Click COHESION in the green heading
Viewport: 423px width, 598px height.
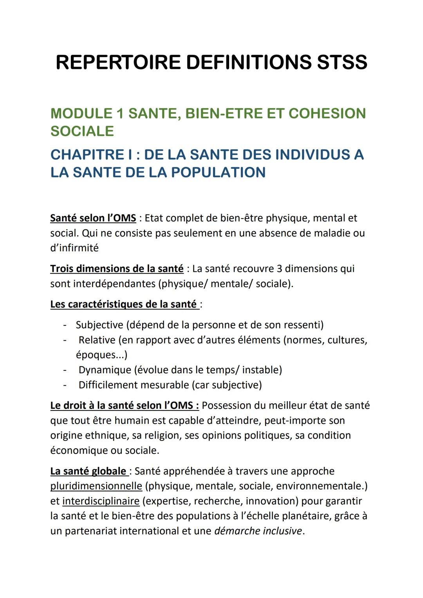click(327, 114)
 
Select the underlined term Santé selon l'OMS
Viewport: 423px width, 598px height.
click(93, 218)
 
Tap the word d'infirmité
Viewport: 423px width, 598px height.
click(74, 248)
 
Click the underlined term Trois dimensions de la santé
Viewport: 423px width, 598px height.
click(117, 269)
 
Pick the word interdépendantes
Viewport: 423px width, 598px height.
click(114, 284)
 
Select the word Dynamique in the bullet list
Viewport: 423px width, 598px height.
click(105, 370)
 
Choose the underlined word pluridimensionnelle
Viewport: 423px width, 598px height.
click(96, 486)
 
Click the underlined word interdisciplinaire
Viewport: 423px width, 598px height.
click(101, 501)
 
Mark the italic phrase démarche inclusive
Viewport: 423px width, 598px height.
click(258, 531)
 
